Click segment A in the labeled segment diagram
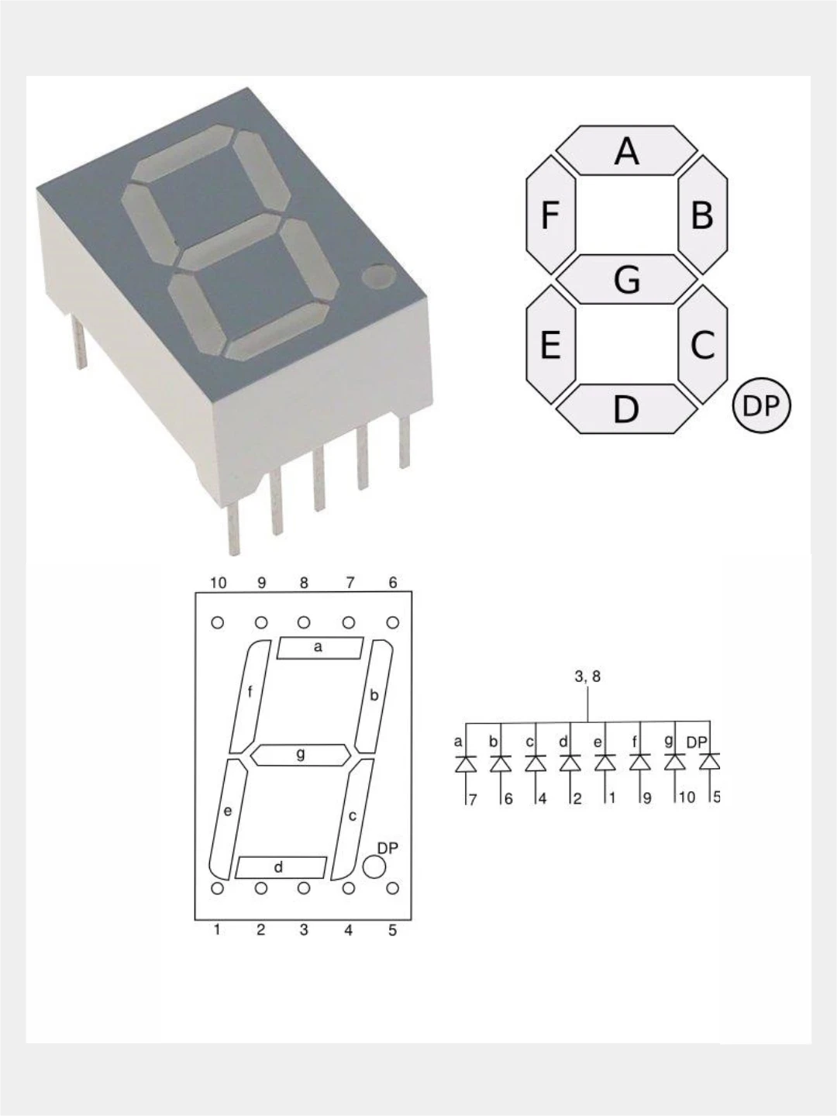pos(626,150)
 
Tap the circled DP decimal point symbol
pos(761,405)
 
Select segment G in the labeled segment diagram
pos(626,279)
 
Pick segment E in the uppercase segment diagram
pos(550,344)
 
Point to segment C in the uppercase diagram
pos(702,344)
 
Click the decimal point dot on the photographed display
pos(377,276)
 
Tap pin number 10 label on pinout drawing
pos(219,583)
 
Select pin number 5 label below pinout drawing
pos(392,930)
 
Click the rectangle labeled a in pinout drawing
pos(320,648)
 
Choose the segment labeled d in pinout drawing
pos(281,867)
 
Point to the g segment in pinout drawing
pos(301,754)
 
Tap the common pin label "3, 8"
pos(587,677)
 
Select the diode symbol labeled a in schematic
pos(465,764)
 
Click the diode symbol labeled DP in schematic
pos(709,763)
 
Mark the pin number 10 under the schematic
pos(687,797)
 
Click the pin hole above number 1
pos(218,889)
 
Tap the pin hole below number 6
pos(393,622)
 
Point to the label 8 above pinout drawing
pos(304,583)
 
